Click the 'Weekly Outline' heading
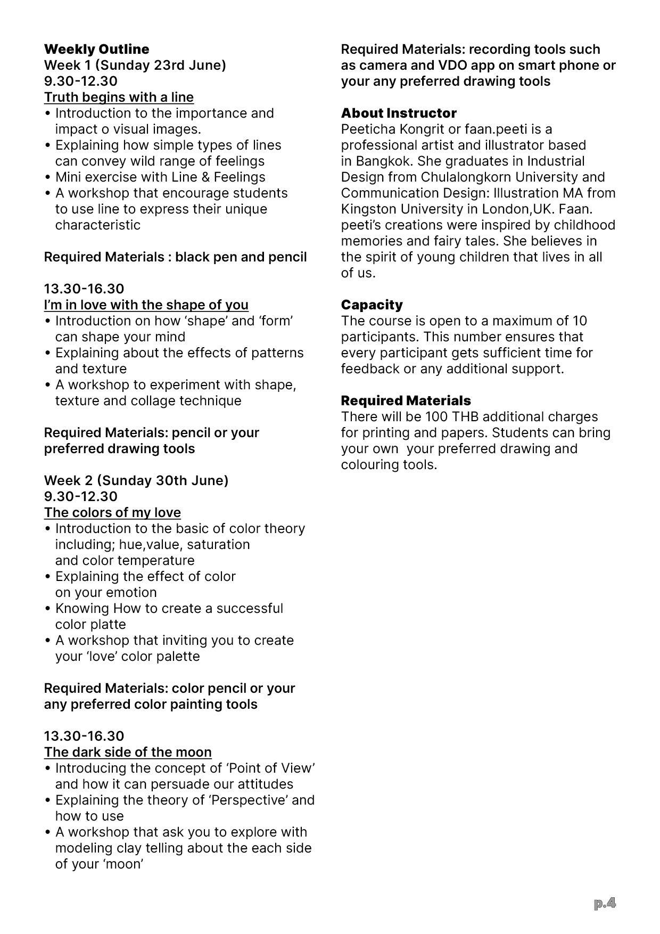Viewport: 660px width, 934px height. click(x=96, y=50)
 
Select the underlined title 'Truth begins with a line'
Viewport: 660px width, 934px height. click(x=119, y=97)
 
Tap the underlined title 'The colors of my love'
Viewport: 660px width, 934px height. click(x=112, y=513)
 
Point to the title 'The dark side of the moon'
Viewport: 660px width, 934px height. click(x=128, y=752)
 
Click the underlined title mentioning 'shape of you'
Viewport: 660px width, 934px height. click(x=146, y=305)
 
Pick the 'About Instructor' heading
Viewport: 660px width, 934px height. click(x=399, y=113)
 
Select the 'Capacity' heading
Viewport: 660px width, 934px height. click(x=372, y=305)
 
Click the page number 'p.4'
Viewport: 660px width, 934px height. click(x=605, y=903)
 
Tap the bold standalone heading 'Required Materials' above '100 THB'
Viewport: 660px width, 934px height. click(x=406, y=401)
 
